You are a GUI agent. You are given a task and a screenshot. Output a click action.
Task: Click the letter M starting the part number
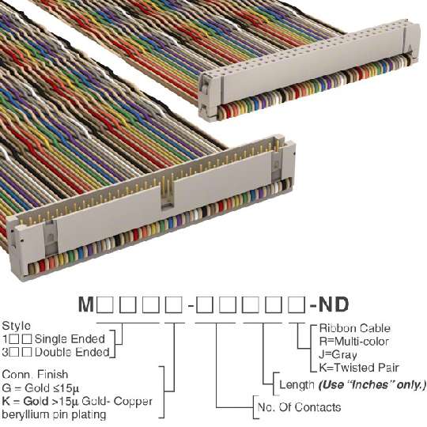(x=86, y=304)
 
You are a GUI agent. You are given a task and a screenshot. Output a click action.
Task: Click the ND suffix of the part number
(x=334, y=304)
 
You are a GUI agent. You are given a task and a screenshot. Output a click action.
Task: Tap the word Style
(x=17, y=326)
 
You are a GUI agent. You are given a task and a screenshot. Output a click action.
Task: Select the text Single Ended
(x=70, y=339)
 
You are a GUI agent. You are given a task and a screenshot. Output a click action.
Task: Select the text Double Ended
(x=72, y=352)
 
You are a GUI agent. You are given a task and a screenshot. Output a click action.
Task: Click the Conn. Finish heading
(x=35, y=375)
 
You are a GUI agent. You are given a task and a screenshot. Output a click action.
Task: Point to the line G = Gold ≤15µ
(x=40, y=387)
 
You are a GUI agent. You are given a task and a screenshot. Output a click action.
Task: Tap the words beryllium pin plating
(x=54, y=415)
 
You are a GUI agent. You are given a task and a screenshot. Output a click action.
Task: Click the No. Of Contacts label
(x=299, y=407)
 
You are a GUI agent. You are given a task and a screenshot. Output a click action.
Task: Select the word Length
(x=297, y=385)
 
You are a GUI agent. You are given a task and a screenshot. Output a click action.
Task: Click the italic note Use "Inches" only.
(x=372, y=385)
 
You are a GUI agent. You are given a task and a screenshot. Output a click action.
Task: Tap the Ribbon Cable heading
(x=354, y=328)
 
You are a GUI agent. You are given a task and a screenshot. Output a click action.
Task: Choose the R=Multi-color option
(x=353, y=342)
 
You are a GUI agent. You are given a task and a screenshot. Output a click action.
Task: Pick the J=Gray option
(x=338, y=354)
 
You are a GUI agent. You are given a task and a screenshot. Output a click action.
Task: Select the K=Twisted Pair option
(x=359, y=368)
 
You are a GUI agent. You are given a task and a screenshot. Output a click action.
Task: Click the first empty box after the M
(x=104, y=304)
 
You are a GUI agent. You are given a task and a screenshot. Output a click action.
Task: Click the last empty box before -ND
(x=297, y=304)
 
